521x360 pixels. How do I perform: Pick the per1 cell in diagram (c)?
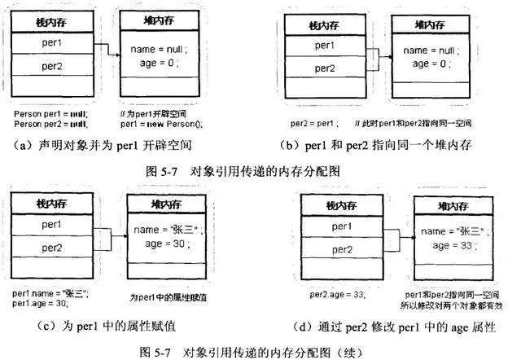coord(52,223)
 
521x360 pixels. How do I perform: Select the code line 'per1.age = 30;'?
coord(40,302)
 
